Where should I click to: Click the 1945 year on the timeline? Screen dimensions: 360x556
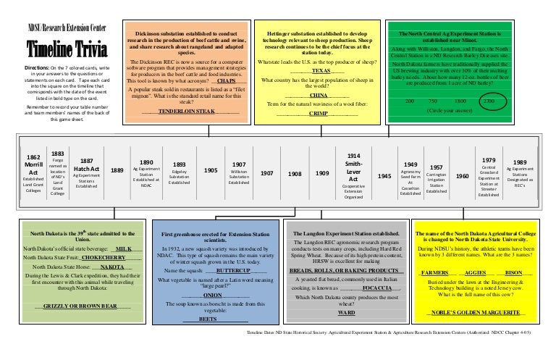[385, 176]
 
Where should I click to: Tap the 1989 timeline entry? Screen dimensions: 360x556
[519, 174]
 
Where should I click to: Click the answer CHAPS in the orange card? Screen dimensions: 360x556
[226, 81]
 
